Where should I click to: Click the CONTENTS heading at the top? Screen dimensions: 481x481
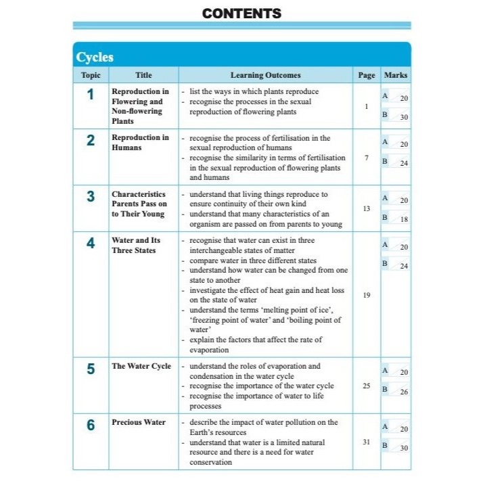click(242, 13)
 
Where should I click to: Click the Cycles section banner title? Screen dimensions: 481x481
click(95, 57)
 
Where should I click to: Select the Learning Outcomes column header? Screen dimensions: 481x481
click(265, 75)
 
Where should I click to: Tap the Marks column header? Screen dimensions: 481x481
click(396, 75)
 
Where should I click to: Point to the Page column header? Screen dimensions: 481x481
click(367, 75)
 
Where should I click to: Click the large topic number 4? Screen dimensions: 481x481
click(91, 244)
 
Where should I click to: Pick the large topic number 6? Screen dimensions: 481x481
click(91, 425)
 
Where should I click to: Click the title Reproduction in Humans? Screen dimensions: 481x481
click(141, 142)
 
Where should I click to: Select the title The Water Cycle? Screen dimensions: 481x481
click(141, 366)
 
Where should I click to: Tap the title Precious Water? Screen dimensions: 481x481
click(139, 422)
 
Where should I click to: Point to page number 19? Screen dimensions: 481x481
click(367, 295)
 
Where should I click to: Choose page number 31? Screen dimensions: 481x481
click(367, 442)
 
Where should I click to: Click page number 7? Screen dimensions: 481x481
click(367, 158)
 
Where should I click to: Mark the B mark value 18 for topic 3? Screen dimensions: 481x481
click(404, 219)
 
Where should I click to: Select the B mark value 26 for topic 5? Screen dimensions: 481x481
click(404, 391)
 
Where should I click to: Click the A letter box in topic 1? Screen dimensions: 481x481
click(385, 97)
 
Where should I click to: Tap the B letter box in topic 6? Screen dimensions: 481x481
click(385, 445)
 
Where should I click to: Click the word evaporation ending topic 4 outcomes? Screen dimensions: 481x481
click(209, 350)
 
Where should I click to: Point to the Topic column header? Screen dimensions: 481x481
click(91, 75)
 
